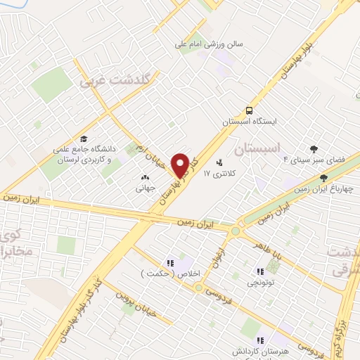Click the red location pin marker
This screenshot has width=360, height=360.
point(181,166)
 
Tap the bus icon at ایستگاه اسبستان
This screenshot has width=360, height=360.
point(248,110)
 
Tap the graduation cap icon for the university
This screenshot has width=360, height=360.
point(84,139)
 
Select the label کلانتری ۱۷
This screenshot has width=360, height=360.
point(217,172)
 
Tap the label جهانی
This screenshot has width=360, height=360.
point(146,188)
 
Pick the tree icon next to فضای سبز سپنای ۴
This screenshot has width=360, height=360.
point(313,149)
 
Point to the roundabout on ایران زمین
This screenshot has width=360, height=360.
point(236,230)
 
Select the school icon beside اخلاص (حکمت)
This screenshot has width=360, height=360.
point(169,263)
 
